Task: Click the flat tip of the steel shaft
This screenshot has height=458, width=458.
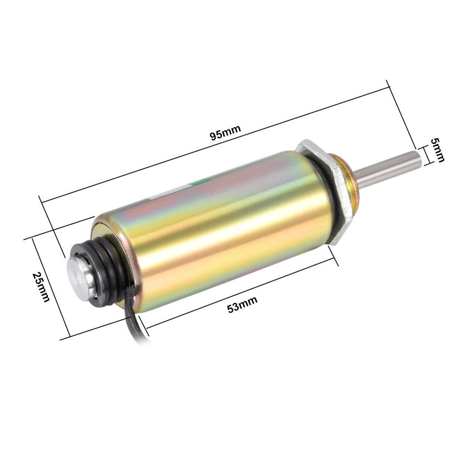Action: point(417,161)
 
